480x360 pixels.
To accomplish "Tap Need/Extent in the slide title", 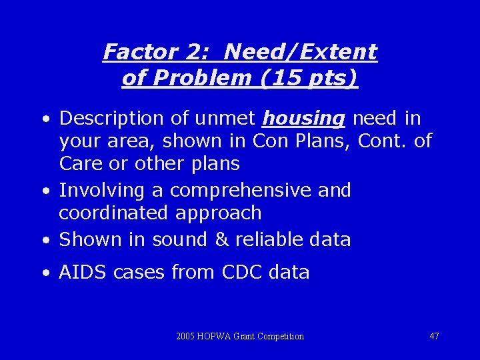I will pyautogui.click(x=301, y=52).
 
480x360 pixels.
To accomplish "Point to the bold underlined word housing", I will pyautogui.click(x=304, y=119).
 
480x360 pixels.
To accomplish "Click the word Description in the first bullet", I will pyautogui.click(x=111, y=119).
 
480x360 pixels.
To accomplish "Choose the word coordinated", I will pyautogui.click(x=114, y=213).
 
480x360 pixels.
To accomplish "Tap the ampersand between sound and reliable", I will pyautogui.click(x=223, y=240).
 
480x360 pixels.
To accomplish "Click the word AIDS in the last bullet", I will pyautogui.click(x=83, y=273).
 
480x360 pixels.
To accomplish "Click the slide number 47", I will pyautogui.click(x=434, y=336).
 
